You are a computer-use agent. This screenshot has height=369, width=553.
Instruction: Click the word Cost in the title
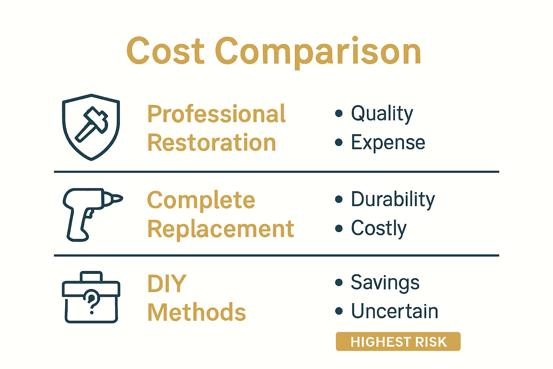pyautogui.click(x=165, y=51)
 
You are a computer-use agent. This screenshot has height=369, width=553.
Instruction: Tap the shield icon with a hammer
pyautogui.click(x=91, y=127)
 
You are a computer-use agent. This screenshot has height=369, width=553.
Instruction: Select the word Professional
pyautogui.click(x=216, y=114)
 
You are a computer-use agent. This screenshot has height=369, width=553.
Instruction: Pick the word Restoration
pyautogui.click(x=212, y=143)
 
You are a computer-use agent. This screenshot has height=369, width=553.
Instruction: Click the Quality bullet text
pyautogui.click(x=382, y=114)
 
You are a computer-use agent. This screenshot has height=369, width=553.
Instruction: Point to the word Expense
pyautogui.click(x=388, y=143)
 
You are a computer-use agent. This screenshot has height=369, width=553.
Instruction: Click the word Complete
pyautogui.click(x=201, y=200)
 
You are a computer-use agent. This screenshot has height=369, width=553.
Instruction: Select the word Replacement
pyautogui.click(x=221, y=229)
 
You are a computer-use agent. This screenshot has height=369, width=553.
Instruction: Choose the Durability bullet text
pyautogui.click(x=393, y=200)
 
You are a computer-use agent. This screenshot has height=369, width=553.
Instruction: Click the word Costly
pyautogui.click(x=379, y=228)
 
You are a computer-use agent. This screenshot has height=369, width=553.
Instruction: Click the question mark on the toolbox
pyautogui.click(x=92, y=301)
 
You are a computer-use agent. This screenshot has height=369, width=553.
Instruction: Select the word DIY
pyautogui.click(x=167, y=284)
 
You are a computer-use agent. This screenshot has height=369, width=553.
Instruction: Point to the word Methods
pyautogui.click(x=197, y=312)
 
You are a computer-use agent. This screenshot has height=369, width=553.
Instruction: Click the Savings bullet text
pyautogui.click(x=385, y=283)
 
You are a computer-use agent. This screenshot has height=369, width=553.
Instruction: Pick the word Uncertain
pyautogui.click(x=395, y=311)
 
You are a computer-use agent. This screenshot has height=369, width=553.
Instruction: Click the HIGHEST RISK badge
pyautogui.click(x=398, y=342)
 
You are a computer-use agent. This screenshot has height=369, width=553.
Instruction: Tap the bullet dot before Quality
pyautogui.click(x=338, y=114)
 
